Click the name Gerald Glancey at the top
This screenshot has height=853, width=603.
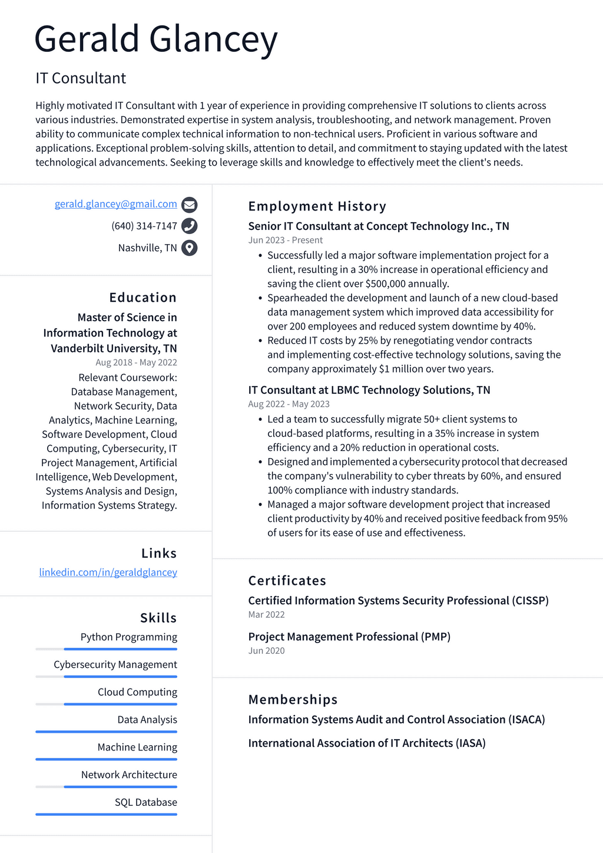click(155, 39)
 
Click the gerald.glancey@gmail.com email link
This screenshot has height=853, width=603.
click(116, 204)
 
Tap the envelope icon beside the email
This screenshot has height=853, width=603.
click(189, 205)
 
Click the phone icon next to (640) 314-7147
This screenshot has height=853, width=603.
click(189, 226)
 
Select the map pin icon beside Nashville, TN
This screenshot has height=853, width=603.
click(189, 248)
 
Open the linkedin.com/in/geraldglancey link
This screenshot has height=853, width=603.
click(108, 572)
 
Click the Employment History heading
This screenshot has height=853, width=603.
click(317, 206)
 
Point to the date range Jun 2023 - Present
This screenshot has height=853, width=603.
click(285, 240)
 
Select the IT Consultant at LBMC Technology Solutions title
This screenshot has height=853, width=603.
click(369, 390)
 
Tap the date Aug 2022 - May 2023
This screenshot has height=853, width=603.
click(289, 404)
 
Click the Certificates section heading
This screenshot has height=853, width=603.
click(287, 581)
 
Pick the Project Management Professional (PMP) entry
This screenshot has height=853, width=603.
click(349, 637)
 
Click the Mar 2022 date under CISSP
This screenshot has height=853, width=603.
click(266, 614)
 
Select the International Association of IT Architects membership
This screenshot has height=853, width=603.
click(366, 743)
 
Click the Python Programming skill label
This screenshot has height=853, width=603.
click(128, 637)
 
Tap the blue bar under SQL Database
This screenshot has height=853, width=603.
click(106, 814)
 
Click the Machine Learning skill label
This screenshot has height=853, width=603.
click(137, 747)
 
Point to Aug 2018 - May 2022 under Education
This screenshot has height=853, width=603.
click(136, 363)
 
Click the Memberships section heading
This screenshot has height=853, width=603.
click(293, 700)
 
